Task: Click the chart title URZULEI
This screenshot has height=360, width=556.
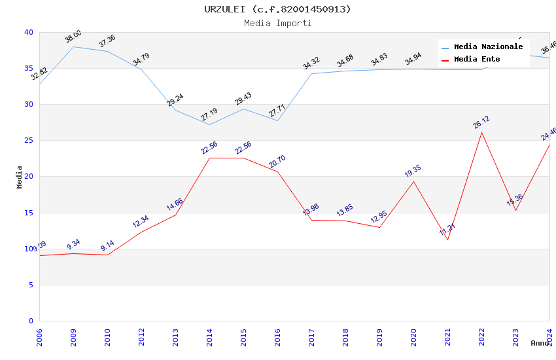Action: pyautogui.click(x=277, y=9)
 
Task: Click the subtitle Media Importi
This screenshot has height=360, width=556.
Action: pyautogui.click(x=277, y=23)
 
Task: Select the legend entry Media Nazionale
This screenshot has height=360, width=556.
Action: pyautogui.click(x=488, y=47)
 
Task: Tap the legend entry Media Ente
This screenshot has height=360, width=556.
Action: pyautogui.click(x=477, y=60)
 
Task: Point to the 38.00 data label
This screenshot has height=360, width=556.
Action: pyautogui.click(x=73, y=37)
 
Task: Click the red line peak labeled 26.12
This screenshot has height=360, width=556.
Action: pyautogui.click(x=482, y=132)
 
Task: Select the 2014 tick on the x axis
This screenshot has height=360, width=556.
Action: pyautogui.click(x=210, y=337)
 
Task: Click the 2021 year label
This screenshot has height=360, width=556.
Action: pyautogui.click(x=448, y=337)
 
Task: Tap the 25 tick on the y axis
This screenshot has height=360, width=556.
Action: pyautogui.click(x=28, y=141)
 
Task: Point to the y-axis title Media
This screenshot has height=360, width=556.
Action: pyautogui.click(x=20, y=177)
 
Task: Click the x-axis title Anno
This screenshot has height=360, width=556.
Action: pyautogui.click(x=540, y=343)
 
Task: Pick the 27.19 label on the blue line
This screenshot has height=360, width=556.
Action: pyautogui.click(x=209, y=115)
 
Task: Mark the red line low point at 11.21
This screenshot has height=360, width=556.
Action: pyautogui.click(x=448, y=240)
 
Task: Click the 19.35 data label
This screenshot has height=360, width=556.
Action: pyautogui.click(x=413, y=171)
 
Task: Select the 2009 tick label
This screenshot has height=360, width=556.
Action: pyautogui.click(x=74, y=337)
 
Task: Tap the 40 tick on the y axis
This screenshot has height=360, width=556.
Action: pyautogui.click(x=28, y=33)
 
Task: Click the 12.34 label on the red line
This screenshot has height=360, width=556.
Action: pyautogui.click(x=141, y=222)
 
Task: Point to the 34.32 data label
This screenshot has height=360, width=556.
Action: pyautogui.click(x=311, y=63)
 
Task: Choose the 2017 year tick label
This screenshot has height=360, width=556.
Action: pyautogui.click(x=312, y=337)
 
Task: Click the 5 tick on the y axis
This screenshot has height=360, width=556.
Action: pyautogui.click(x=30, y=285)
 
